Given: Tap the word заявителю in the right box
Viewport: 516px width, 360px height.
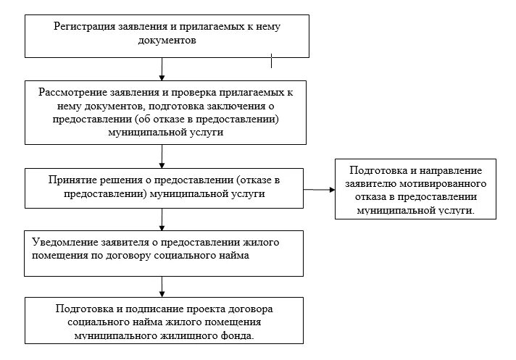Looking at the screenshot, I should (x=375, y=184).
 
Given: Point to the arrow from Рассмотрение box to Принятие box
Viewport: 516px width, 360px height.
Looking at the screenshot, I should (x=162, y=156).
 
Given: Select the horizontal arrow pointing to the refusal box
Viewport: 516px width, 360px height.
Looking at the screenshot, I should (x=319, y=190).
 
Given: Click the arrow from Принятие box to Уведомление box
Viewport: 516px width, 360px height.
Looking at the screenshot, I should (x=162, y=219).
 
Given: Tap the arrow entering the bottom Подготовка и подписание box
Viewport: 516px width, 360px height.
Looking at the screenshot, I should (x=162, y=286).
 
